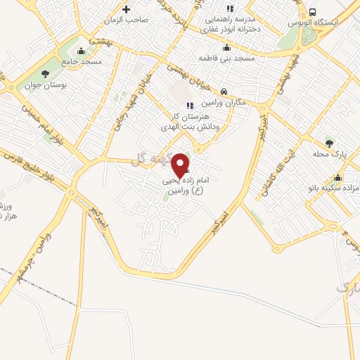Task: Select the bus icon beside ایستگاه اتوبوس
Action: (312, 12)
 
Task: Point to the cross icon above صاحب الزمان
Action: (126, 9)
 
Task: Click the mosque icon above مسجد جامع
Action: (82, 51)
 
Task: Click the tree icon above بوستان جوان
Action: (46, 73)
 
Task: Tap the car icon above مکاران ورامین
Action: (223, 91)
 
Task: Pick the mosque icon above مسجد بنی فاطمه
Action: (226, 48)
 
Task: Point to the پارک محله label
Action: (330, 154)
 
